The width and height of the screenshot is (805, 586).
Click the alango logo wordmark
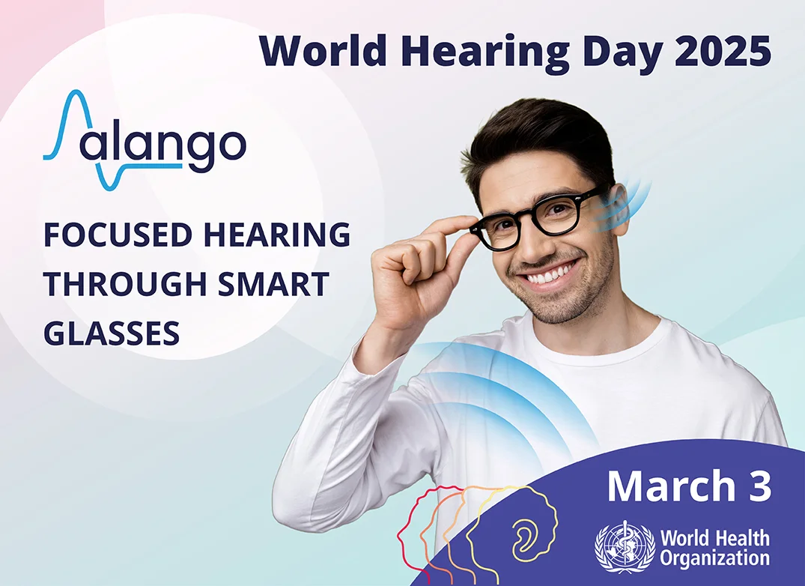point(145,140)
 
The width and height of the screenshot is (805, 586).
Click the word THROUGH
point(127,284)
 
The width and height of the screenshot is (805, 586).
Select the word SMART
point(273,284)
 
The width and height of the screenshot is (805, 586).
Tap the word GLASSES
point(112,333)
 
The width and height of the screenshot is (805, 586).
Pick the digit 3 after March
point(760,486)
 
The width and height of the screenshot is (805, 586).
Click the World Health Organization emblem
point(625,546)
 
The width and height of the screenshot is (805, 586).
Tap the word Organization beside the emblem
point(714,558)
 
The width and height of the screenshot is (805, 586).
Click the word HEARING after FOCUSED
point(277,235)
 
